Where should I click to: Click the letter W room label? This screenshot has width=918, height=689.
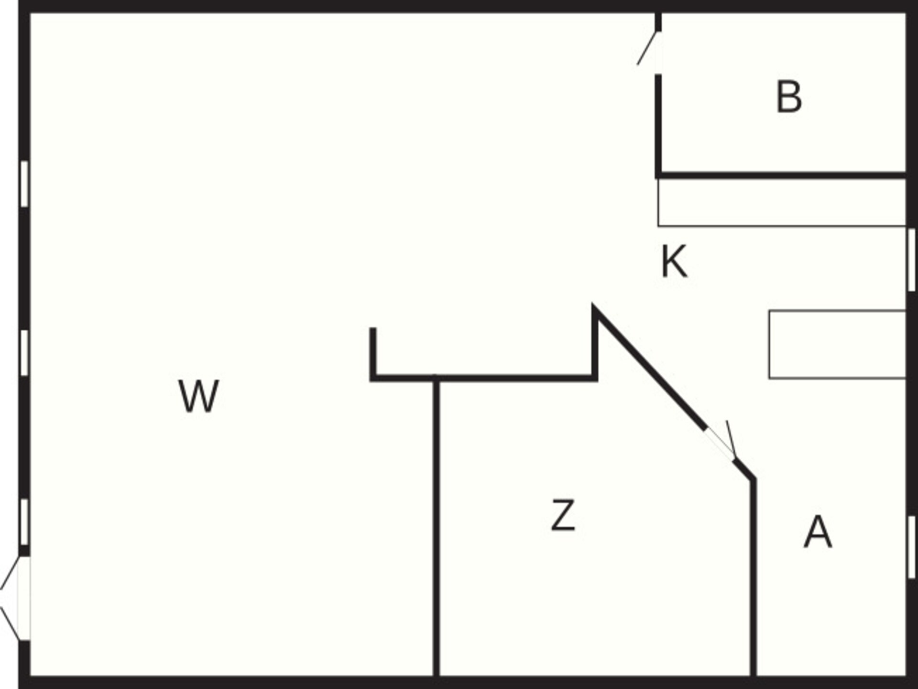coord(199,396)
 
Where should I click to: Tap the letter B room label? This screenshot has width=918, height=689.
coord(789,97)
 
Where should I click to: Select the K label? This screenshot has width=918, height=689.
coord(674,261)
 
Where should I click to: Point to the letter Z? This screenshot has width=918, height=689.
coord(563,515)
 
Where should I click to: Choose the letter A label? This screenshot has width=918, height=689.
coord(818,532)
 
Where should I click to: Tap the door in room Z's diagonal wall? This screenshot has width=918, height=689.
coord(721,441)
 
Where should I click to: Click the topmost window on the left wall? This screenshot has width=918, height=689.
coord(24,184)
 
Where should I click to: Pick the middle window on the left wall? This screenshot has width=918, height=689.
coord(24,353)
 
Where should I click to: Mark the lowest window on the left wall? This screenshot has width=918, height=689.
coord(24,522)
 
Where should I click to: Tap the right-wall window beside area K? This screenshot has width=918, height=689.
coord(912,259)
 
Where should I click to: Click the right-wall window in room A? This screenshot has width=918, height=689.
coord(912,546)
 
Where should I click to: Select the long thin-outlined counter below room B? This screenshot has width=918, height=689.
coord(782,202)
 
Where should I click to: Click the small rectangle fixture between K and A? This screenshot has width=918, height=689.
coord(838,344)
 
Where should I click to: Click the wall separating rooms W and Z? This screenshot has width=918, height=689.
coord(436,526)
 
